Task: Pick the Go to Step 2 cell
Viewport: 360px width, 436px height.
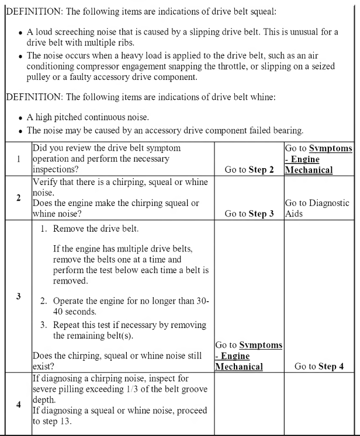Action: pyautogui.click(x=249, y=170)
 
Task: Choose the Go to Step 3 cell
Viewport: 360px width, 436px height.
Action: pyautogui.click(x=249, y=214)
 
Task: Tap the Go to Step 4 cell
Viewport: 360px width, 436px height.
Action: pyautogui.click(x=320, y=367)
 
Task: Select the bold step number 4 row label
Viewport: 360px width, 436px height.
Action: pyautogui.click(x=18, y=402)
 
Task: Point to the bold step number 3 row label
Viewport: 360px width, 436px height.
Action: pyautogui.click(x=18, y=296)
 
